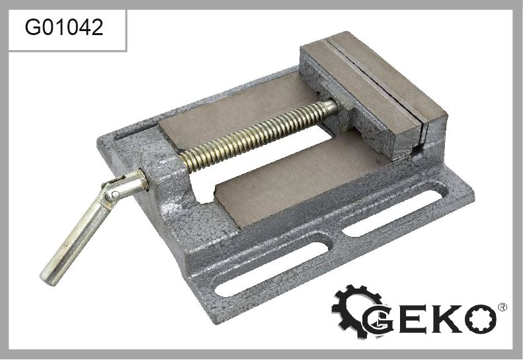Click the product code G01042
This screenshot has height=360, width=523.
click(63, 27)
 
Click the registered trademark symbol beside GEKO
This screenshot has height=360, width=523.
click(503, 307)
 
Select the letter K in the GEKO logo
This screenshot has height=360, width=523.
click(446, 318)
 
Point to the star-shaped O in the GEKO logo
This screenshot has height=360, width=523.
click(481, 319)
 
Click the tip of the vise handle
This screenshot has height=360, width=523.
click(48, 278)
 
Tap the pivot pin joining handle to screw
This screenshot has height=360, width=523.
click(115, 194)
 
